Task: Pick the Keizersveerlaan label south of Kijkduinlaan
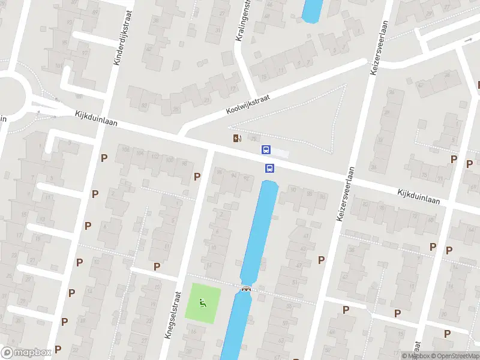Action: (346, 194)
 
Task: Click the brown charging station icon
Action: (238, 139)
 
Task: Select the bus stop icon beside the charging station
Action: (266, 149)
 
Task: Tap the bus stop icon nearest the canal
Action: (270, 168)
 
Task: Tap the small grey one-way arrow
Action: (469, 40)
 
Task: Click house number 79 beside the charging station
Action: (253, 139)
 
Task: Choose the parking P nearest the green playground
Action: (157, 266)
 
